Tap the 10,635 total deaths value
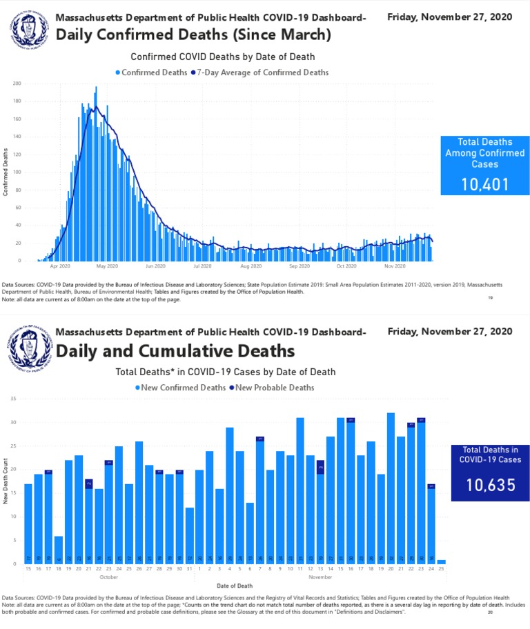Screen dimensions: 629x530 pos(490,485)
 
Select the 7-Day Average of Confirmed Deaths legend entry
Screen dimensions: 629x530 pos(262,72)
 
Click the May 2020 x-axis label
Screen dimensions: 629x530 pos(107,266)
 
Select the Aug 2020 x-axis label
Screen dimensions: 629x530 pos(251,266)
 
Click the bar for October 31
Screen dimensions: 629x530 pos(190,536)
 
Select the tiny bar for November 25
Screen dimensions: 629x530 pos(441,562)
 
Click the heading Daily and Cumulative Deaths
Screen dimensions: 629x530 pos(175,352)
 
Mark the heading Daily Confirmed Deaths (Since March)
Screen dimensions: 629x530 pos(193,34)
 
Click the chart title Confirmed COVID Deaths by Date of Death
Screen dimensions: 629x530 pos(222,57)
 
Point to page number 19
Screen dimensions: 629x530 pos(490,298)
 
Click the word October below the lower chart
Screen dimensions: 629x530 pos(109,577)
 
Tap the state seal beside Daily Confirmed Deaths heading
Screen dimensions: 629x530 pos(30,30)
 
